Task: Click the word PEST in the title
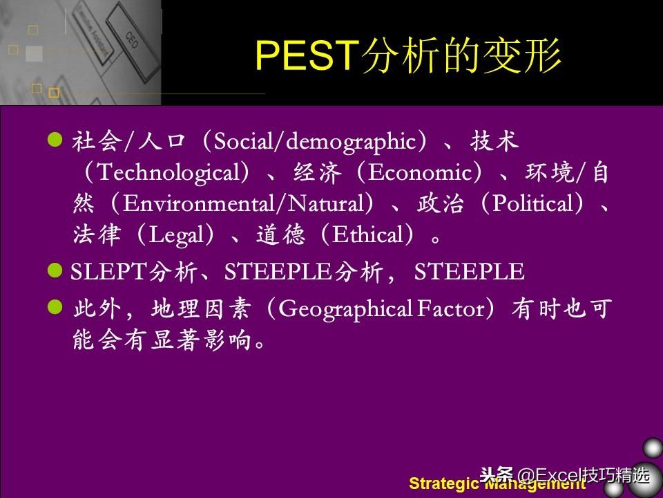point(305,55)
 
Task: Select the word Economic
point(419,172)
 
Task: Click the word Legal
point(176,234)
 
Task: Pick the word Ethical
point(367,234)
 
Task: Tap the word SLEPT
point(108,271)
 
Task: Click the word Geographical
point(345,309)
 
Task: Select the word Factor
point(451,308)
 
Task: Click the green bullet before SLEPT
point(55,270)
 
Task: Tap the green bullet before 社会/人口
point(55,139)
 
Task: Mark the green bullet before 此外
point(55,307)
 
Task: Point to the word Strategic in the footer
point(443,483)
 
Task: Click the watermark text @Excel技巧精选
point(583,475)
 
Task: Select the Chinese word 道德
point(281,234)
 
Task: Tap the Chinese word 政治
point(441,203)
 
